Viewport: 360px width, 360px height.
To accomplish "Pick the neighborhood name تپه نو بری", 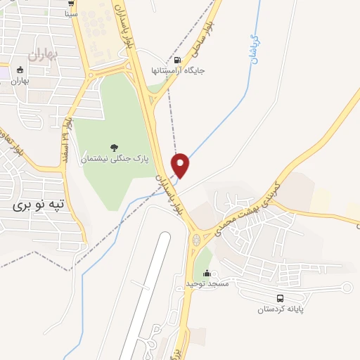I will (x=39, y=205).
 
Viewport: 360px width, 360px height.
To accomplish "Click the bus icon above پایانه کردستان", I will (x=280, y=298).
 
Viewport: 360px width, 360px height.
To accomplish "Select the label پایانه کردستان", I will (x=280, y=309).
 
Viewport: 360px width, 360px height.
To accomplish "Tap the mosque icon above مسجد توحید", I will (x=208, y=271).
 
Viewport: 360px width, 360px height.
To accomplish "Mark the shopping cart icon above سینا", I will (x=72, y=3).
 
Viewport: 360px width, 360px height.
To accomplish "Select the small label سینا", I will (x=71, y=13).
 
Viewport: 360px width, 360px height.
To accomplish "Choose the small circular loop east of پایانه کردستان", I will (x=345, y=287).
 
